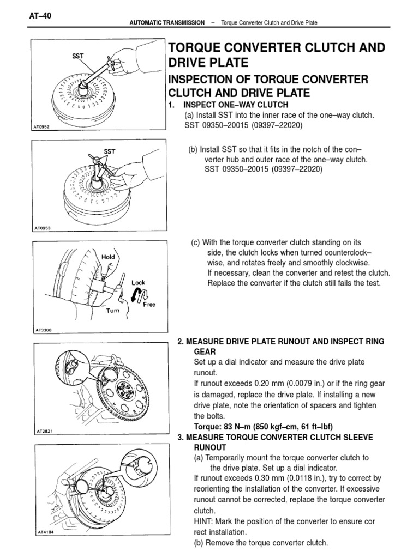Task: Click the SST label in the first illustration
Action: tap(79, 56)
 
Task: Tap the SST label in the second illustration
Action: tap(109, 151)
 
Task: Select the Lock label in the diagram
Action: tap(138, 283)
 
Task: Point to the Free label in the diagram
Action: tap(149, 305)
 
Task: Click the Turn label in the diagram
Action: tap(113, 310)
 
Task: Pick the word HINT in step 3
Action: tap(206, 521)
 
